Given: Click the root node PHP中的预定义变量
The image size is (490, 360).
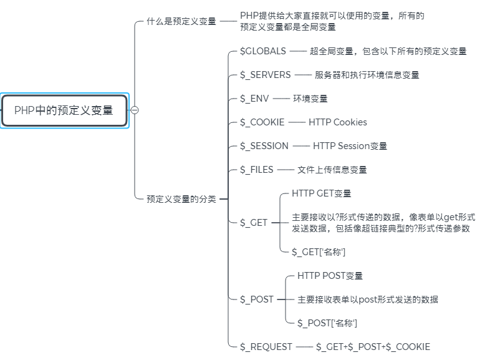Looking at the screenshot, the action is (64, 110).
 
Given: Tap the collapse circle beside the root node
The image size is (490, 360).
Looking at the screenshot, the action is (135, 110).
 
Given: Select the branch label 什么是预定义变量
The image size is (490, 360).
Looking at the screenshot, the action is (181, 21).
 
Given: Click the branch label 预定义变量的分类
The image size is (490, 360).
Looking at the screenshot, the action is (181, 199).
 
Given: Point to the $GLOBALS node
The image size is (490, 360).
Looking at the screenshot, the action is (262, 51).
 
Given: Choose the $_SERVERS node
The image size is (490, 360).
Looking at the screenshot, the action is (265, 75).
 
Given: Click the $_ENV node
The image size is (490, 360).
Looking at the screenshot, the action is (254, 99).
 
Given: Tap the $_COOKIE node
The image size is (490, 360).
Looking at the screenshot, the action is (262, 122).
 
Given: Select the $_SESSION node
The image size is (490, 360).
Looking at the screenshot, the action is (264, 146).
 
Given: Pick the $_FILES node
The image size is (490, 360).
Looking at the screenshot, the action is (256, 170).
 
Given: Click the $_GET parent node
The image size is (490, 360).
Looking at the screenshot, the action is (254, 223).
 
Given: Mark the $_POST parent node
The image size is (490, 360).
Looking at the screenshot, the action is (256, 299).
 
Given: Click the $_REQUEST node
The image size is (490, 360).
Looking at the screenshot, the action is (266, 347).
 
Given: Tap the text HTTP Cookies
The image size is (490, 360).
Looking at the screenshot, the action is (337, 122).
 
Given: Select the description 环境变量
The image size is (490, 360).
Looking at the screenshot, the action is (310, 99).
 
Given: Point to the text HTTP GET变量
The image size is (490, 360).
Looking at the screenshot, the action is (321, 193).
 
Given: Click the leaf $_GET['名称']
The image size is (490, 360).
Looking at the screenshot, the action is (318, 251).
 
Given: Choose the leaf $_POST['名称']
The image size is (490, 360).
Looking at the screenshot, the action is (327, 323).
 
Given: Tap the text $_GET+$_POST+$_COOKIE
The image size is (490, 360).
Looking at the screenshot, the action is (372, 347).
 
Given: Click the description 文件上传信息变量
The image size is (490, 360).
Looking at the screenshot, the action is (332, 170).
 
